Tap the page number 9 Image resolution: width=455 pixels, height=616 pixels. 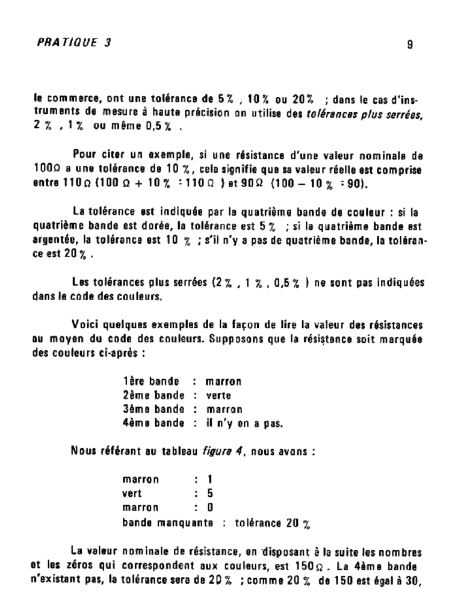click(409, 44)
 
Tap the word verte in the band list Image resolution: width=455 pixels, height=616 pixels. click(218, 395)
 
